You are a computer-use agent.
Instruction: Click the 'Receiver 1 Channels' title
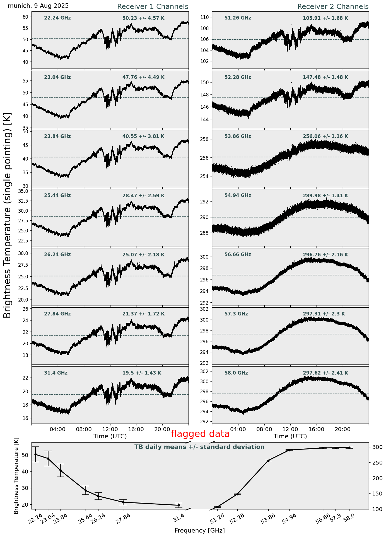(x=153, y=7)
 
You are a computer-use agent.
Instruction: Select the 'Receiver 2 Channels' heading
(x=333, y=7)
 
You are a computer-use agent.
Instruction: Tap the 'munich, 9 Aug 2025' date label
(x=38, y=6)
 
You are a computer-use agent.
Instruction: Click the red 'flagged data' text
(x=200, y=434)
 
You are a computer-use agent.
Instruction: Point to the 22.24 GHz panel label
(x=57, y=18)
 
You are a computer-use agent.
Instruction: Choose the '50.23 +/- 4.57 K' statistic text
(x=143, y=18)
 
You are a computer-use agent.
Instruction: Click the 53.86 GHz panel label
(x=238, y=137)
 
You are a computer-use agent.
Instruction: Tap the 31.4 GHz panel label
(x=56, y=373)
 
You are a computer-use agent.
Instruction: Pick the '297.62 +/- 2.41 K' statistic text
(x=325, y=373)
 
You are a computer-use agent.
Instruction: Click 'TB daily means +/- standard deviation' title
(x=199, y=447)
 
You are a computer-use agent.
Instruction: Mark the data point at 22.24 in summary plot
(x=35, y=455)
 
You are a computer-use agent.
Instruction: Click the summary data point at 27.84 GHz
(x=123, y=502)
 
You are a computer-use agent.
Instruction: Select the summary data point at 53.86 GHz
(x=268, y=461)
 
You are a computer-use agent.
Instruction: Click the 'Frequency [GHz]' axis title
(x=199, y=531)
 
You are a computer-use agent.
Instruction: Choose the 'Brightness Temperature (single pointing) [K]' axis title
(x=8, y=215)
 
